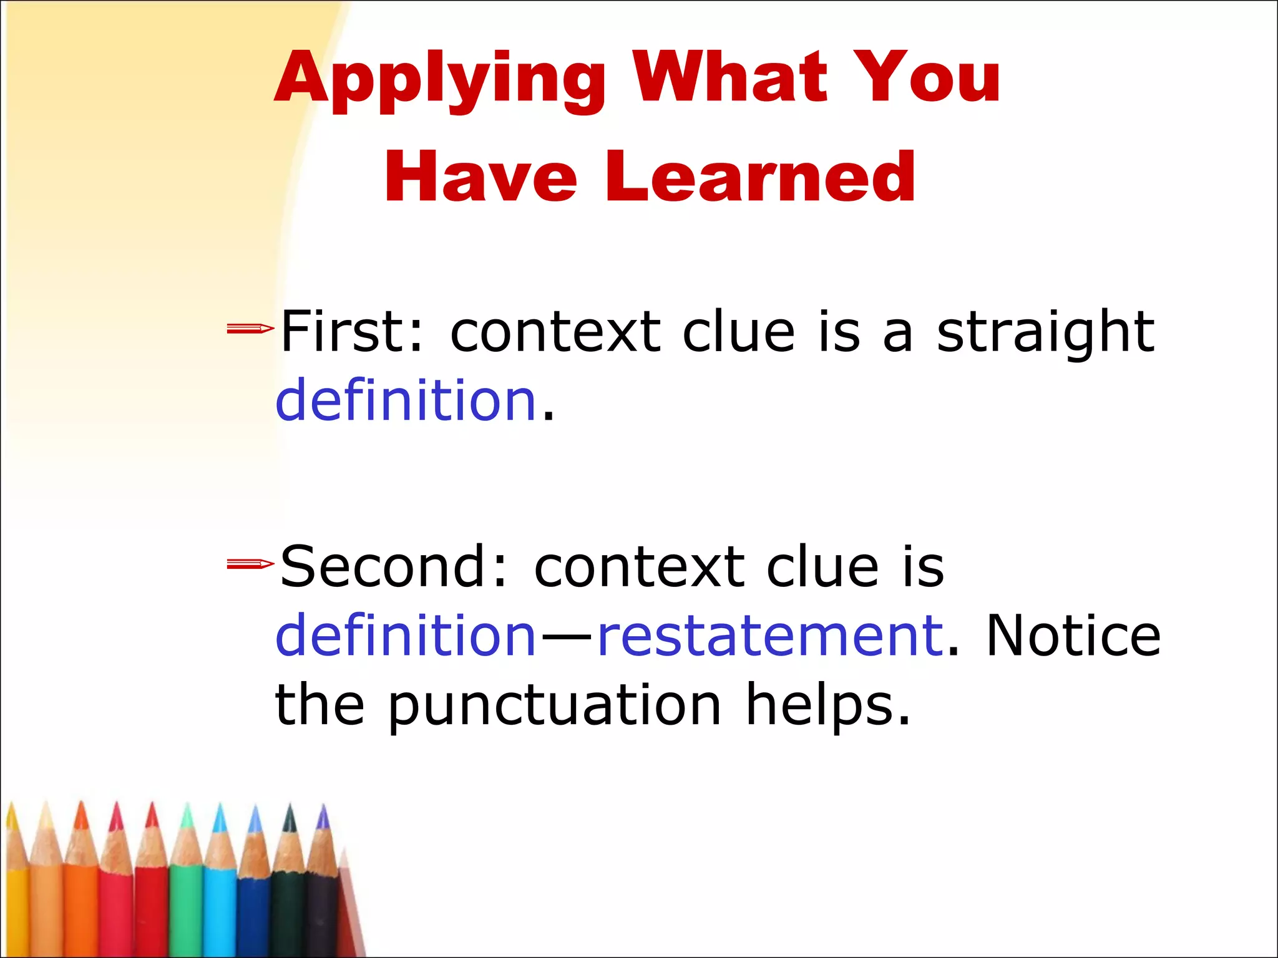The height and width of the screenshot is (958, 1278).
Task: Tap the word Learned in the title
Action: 759,178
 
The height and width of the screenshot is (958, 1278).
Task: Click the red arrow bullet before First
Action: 250,329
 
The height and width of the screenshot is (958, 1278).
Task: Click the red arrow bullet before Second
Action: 250,564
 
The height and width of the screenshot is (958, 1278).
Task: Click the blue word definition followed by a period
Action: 406,400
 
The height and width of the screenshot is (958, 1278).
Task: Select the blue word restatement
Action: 771,636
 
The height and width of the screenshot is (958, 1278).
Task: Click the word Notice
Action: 1073,636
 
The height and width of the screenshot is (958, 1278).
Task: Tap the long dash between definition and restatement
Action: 567,637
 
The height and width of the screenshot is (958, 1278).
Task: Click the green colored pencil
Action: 186,898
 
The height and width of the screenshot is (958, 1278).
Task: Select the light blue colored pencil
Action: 220,898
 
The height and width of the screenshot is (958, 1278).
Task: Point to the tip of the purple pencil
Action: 323,811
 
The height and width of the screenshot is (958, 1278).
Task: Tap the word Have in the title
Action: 480,178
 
